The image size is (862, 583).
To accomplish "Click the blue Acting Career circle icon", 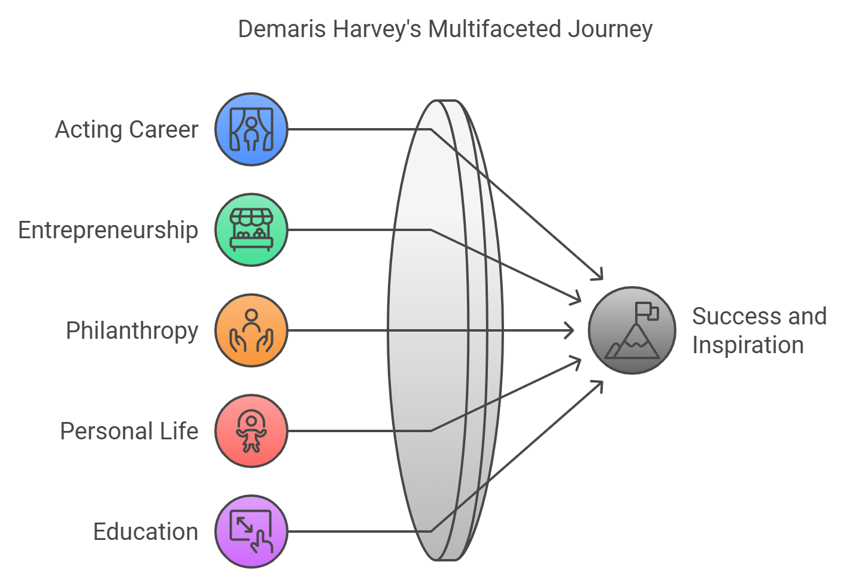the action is [251, 129].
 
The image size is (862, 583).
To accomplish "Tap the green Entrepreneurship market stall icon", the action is [251, 230].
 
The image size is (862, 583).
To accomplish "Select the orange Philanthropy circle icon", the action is [251, 330].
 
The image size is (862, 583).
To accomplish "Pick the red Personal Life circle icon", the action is [251, 431].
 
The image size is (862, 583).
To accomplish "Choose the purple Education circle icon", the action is [251, 532].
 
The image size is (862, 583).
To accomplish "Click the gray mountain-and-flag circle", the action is [632, 330].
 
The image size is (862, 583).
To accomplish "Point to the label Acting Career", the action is [127, 129].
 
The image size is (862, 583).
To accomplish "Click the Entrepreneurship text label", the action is [108, 230].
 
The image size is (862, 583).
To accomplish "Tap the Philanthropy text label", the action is [132, 330].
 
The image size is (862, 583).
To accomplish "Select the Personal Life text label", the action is [129, 431].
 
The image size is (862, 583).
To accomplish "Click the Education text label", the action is [146, 532].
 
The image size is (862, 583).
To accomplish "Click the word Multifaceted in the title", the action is [494, 29].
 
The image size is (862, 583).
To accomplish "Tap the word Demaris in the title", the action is [282, 29].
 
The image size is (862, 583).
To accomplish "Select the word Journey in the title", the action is [611, 30].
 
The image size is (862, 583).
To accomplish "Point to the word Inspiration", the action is [748, 345].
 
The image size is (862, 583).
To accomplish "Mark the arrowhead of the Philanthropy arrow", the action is [569, 330].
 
